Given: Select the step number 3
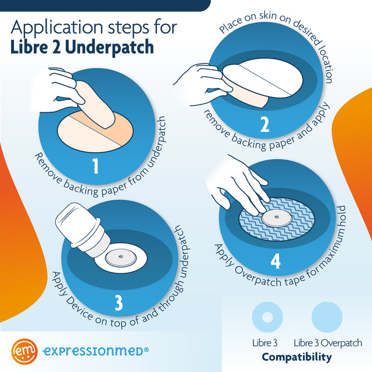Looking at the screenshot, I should pos(118,303).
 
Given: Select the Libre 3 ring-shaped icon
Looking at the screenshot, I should pos(267,317).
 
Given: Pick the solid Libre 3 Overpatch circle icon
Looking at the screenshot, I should pos(327,317).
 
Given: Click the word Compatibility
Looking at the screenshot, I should pos(296,357).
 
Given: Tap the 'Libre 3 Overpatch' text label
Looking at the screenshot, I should pos(328,343).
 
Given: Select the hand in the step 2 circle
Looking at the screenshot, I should pos(203,81).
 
